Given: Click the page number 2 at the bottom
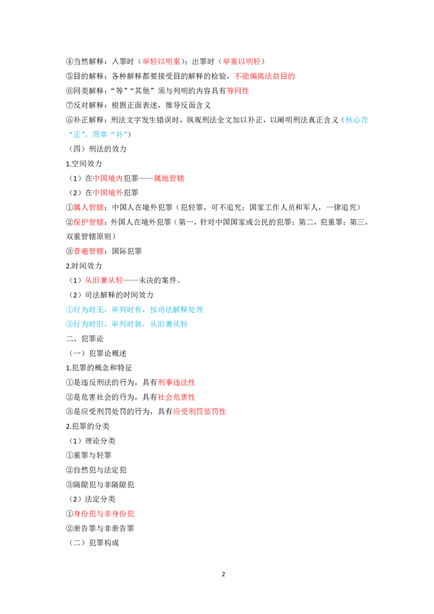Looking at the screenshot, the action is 224,574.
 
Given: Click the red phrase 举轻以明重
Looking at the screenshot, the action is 161,61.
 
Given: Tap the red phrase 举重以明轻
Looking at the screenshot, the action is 241,61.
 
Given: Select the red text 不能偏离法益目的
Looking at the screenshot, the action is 265,76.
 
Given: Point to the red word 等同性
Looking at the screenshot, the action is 238,91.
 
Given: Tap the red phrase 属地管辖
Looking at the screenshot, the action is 169,178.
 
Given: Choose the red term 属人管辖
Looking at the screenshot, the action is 89,207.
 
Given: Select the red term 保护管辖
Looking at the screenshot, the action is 89,222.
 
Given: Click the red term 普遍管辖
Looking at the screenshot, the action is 89,251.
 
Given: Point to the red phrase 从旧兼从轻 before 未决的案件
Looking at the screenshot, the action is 104,280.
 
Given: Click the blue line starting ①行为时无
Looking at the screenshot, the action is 135,310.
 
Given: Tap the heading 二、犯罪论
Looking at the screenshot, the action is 85,338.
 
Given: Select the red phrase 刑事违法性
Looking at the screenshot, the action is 176,382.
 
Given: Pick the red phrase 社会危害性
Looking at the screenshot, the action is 176,397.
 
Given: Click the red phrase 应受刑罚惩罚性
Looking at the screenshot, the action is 200,412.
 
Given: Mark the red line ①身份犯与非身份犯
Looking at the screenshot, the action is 100,514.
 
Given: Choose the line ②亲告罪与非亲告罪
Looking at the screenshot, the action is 100,528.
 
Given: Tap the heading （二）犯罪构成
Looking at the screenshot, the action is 94,543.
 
